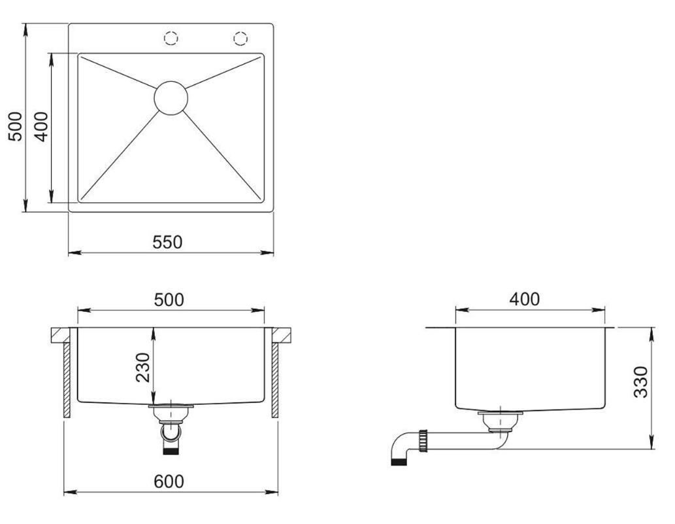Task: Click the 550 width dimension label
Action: point(167,242)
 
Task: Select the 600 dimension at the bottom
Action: point(169,481)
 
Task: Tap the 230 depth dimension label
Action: point(143,368)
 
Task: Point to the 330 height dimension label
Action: point(640,382)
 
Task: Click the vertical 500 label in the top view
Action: point(15,126)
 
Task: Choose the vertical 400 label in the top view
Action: point(41,127)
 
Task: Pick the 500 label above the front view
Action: point(169,300)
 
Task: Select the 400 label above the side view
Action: point(524,299)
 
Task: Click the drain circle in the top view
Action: point(171,81)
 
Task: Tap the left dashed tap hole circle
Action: point(171,31)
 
